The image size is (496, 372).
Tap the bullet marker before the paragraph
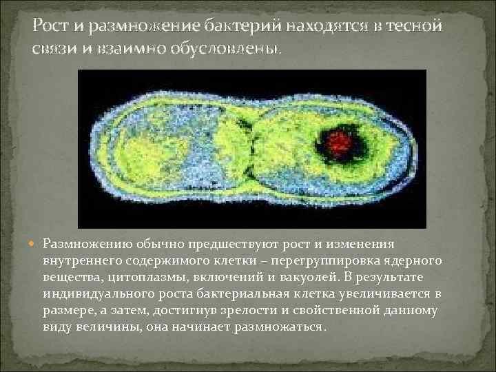pyautogui.click(x=35, y=244)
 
